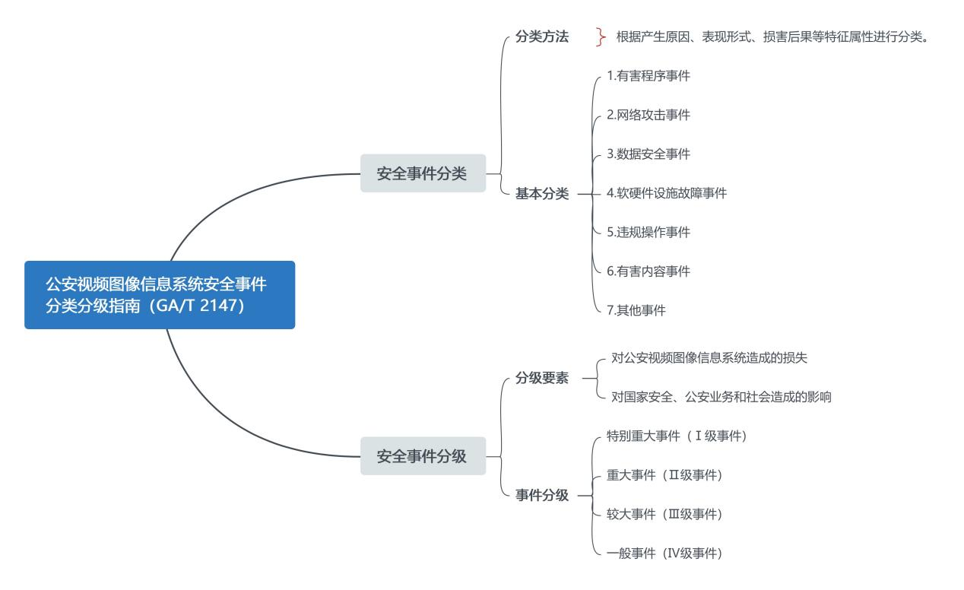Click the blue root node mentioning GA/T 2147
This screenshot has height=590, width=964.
(x=160, y=295)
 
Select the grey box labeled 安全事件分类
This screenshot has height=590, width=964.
(x=423, y=173)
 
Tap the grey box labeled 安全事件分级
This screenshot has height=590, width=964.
(x=423, y=456)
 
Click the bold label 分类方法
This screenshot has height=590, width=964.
(x=541, y=36)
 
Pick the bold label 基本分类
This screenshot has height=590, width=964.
(x=541, y=193)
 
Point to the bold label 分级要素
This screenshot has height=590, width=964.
(x=541, y=378)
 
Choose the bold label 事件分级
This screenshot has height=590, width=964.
(x=541, y=495)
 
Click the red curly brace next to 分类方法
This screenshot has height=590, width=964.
(x=601, y=36)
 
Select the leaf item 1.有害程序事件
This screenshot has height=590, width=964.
(x=648, y=76)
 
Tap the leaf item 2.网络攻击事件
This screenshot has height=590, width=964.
(x=648, y=115)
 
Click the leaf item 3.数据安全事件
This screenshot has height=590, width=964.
(x=648, y=154)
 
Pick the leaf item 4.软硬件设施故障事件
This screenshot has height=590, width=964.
(x=667, y=193)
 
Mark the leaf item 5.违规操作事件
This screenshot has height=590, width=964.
(x=648, y=232)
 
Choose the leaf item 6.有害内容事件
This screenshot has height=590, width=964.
(x=648, y=271)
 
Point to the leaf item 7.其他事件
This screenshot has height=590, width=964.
(x=636, y=310)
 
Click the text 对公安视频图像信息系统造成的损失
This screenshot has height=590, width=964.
(x=709, y=358)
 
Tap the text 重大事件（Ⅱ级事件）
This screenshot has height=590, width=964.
(x=664, y=475)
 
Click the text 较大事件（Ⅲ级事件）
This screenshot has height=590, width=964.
(x=664, y=514)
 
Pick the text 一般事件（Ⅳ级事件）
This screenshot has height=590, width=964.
(x=664, y=554)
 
